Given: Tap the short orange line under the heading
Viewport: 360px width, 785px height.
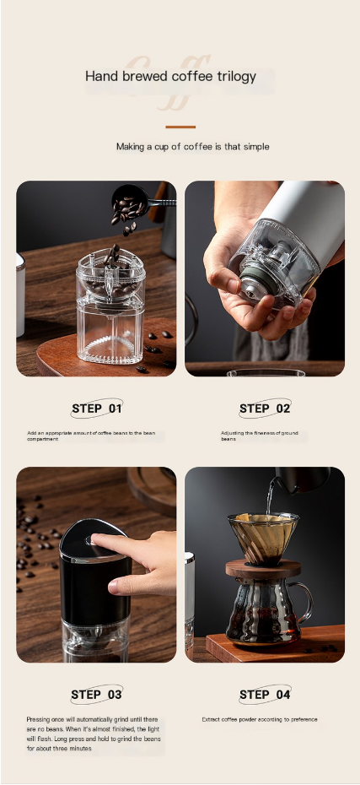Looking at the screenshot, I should (x=180, y=127).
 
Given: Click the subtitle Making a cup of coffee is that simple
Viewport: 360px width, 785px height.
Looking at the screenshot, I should (x=192, y=147).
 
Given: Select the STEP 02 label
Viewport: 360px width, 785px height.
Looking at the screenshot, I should (x=265, y=409).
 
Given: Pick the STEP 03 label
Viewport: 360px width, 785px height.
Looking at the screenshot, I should (x=97, y=695).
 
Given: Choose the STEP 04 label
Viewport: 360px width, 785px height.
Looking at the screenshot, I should (x=265, y=695).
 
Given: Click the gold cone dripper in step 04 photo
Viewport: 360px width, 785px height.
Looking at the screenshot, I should (x=262, y=535).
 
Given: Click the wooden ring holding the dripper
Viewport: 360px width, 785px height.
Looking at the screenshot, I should (x=263, y=568).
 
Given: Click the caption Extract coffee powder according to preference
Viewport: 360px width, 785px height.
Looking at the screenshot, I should (x=260, y=720).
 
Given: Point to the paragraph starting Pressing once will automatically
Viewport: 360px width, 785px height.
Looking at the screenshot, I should (x=92, y=734).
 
